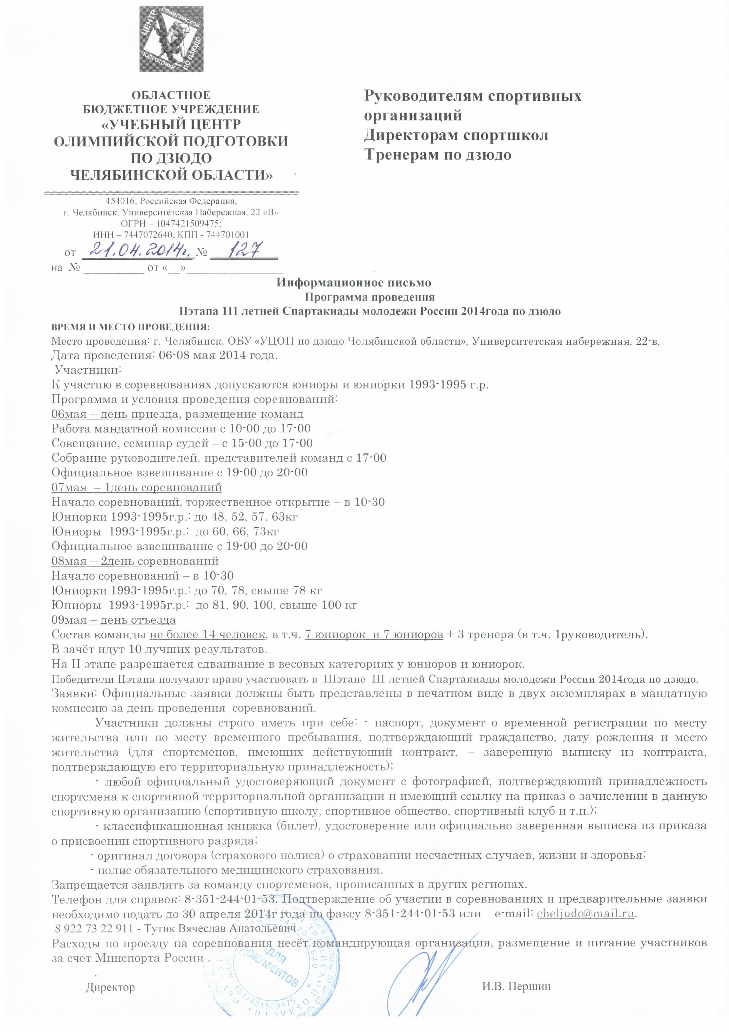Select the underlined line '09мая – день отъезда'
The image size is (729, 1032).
pos(114,620)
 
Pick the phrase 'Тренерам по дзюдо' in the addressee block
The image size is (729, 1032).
pos(438,155)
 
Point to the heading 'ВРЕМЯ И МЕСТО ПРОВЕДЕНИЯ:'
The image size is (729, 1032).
pos(130,326)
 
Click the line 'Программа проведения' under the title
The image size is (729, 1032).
pos(370,297)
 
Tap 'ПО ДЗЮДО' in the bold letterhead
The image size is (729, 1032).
pos(171,158)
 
